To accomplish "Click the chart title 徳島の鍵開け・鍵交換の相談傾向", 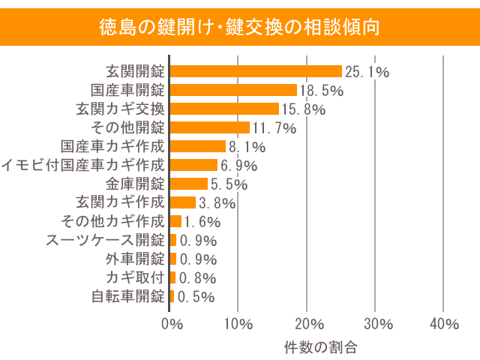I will pyautogui.click(x=240, y=28).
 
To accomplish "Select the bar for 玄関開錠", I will pyautogui.click(x=256, y=71).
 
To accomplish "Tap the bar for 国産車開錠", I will pyautogui.click(x=233, y=90).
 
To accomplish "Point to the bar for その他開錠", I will pyautogui.click(x=210, y=127).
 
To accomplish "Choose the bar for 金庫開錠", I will pyautogui.click(x=189, y=184).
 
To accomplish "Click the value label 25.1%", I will pyautogui.click(x=367, y=72).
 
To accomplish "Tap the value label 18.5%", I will pyautogui.click(x=322, y=91).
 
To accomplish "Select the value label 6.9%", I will pyautogui.click(x=238, y=166).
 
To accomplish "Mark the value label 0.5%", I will pyautogui.click(x=196, y=296).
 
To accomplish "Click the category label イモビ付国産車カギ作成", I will pyautogui.click(x=82, y=165).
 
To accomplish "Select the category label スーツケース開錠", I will pyautogui.click(x=105, y=240).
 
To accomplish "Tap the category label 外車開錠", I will pyautogui.click(x=135, y=259).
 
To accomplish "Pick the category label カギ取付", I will pyautogui.click(x=135, y=277).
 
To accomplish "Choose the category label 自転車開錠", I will pyautogui.click(x=127, y=296).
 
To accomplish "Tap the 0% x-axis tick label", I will pyautogui.click(x=172, y=324).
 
